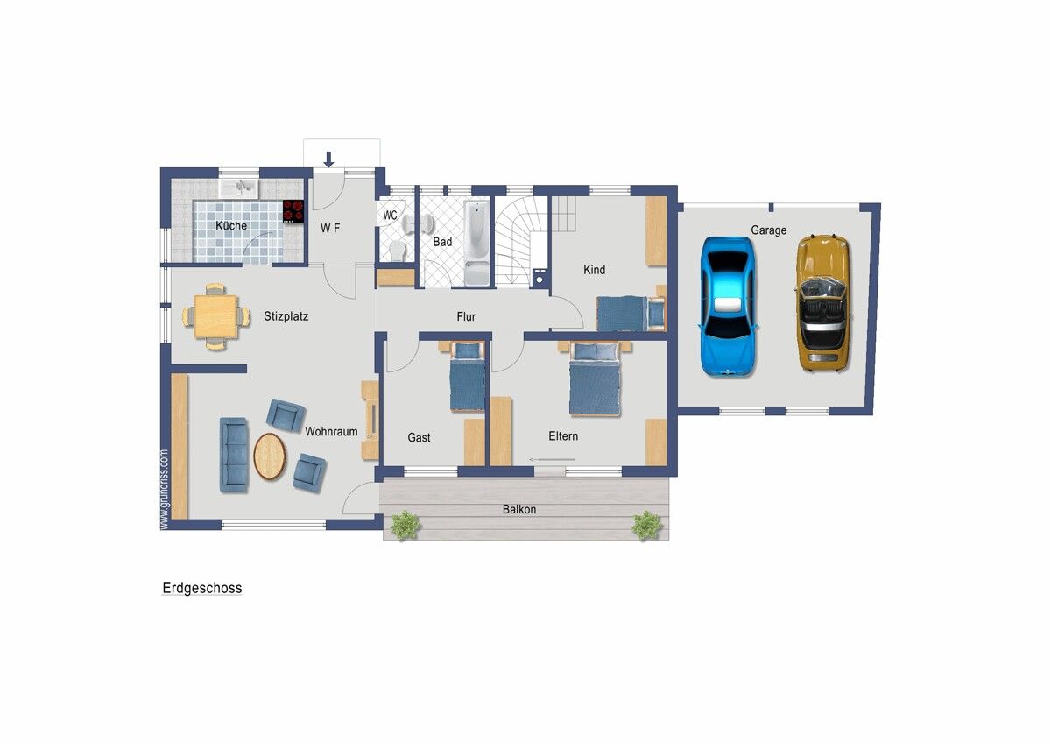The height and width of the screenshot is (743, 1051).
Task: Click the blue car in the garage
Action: (x=728, y=307)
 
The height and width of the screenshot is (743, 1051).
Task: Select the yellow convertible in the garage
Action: (x=824, y=303)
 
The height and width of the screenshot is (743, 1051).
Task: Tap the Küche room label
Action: (x=231, y=225)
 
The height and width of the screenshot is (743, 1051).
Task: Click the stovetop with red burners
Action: (x=293, y=211)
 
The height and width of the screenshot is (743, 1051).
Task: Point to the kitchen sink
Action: (x=239, y=188)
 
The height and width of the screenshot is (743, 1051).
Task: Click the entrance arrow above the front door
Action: (x=328, y=159)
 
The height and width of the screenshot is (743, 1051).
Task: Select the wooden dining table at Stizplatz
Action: (x=215, y=316)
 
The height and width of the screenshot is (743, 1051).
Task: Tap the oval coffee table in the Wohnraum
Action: (x=270, y=456)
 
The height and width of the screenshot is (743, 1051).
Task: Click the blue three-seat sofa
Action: (x=234, y=455)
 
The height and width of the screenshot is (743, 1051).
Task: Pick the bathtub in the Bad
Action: (x=476, y=243)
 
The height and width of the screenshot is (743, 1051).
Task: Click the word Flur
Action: (x=466, y=317)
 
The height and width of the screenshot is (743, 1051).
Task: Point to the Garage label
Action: (x=768, y=230)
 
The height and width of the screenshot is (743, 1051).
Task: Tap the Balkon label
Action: (x=518, y=509)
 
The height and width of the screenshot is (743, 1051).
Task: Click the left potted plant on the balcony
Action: (x=405, y=525)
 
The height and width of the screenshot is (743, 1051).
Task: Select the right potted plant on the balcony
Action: (x=647, y=525)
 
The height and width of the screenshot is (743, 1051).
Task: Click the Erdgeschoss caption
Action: (x=202, y=588)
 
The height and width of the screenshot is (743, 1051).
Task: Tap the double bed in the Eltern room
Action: (x=595, y=379)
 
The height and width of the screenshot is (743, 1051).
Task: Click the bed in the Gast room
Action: (x=468, y=378)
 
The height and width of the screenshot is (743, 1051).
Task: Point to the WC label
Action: (x=390, y=216)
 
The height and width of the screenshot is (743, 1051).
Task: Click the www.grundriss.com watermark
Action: (x=164, y=490)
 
